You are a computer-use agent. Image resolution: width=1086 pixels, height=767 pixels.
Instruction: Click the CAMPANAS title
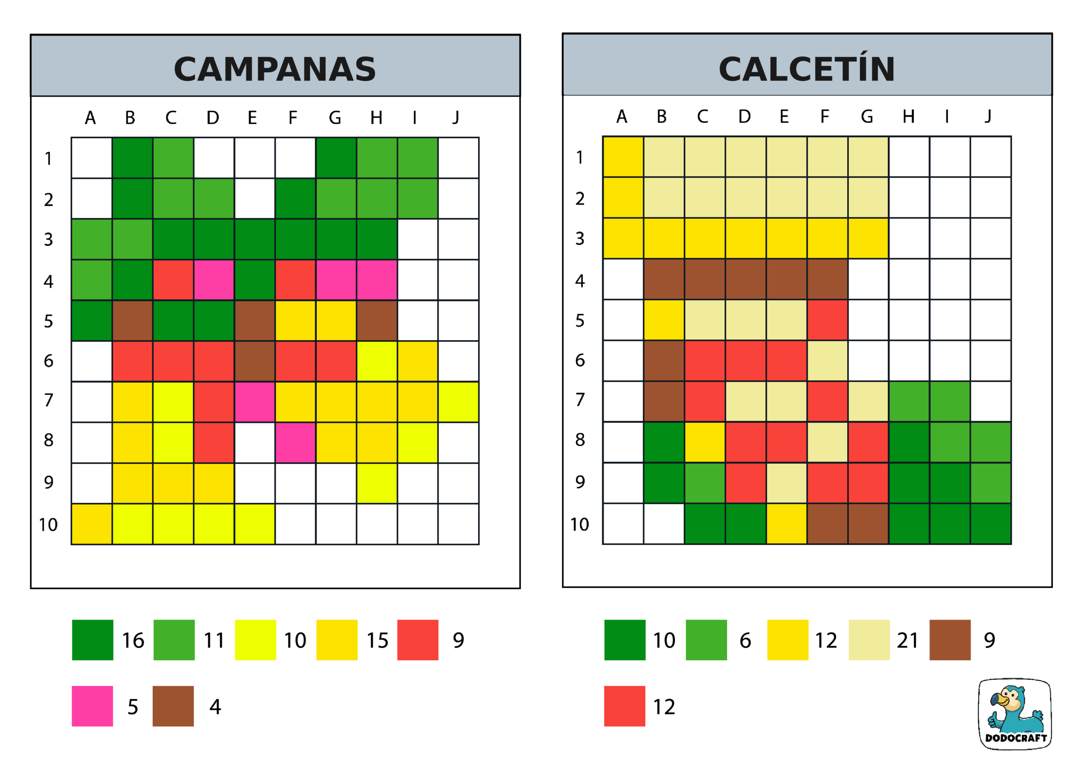coord(275,69)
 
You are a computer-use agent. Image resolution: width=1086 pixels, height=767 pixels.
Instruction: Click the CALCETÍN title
coord(806,69)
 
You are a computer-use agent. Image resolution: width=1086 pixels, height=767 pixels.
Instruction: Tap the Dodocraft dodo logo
coord(1014,714)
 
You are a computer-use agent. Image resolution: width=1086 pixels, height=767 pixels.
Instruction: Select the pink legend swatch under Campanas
coord(92,706)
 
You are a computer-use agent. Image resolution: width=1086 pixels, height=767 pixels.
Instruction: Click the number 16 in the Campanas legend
coord(133,640)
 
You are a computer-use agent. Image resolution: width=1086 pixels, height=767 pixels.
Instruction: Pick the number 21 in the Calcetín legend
coord(907,640)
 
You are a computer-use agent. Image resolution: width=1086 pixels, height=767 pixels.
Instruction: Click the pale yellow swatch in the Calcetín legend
coord(869,640)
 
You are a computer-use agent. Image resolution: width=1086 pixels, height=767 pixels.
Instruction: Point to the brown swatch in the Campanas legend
coord(173,706)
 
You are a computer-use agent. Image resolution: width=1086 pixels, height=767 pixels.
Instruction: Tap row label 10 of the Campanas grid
coord(48,525)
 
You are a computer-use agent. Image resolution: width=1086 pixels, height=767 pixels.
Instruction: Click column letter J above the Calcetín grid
coord(988,116)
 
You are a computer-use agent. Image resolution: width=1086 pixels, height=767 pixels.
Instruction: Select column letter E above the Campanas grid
coord(252,118)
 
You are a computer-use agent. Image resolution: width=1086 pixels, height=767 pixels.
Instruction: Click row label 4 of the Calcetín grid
coord(580,281)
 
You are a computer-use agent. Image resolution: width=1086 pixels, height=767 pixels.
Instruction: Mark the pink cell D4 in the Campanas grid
coord(214,280)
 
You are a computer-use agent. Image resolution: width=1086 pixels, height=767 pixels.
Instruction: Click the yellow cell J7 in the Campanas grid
coord(458,402)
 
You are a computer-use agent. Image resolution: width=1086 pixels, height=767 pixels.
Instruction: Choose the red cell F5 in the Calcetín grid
coord(827,320)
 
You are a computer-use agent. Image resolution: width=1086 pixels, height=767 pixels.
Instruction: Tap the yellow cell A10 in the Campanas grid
coord(92,524)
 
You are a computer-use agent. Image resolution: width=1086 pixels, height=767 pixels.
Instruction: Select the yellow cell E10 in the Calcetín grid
coord(787,524)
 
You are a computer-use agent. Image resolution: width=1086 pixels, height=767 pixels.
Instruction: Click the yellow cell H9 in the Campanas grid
coord(377,483)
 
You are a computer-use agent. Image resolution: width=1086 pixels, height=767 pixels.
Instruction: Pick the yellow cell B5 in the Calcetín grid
coord(664,320)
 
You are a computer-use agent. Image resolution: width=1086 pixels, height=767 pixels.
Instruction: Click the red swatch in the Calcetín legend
coord(624,706)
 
